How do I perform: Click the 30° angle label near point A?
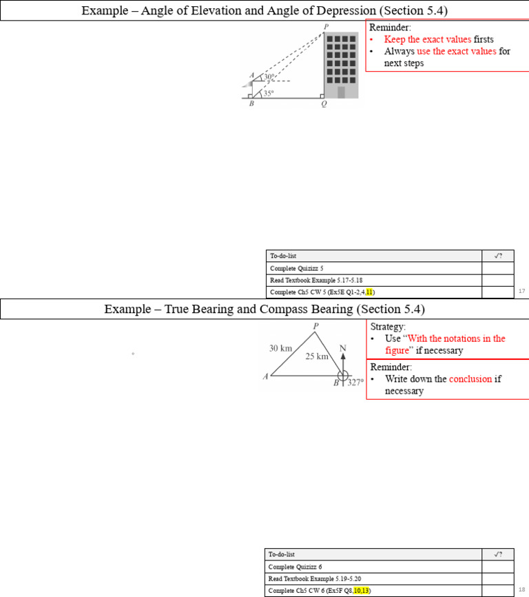click(x=269, y=77)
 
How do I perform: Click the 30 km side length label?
click(x=281, y=349)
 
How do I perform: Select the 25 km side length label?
click(x=318, y=356)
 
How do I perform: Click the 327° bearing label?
click(x=355, y=382)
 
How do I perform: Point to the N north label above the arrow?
click(x=343, y=348)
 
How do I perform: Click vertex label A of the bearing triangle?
click(x=265, y=377)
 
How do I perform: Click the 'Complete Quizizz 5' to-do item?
click(x=297, y=268)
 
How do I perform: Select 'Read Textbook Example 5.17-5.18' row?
click(x=316, y=280)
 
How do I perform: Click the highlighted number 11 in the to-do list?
click(x=369, y=292)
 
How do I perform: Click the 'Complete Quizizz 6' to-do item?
click(x=296, y=567)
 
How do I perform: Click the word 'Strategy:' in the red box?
click(x=388, y=326)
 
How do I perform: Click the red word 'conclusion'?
click(x=470, y=378)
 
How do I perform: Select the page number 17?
click(x=521, y=292)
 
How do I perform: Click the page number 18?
click(x=521, y=590)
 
